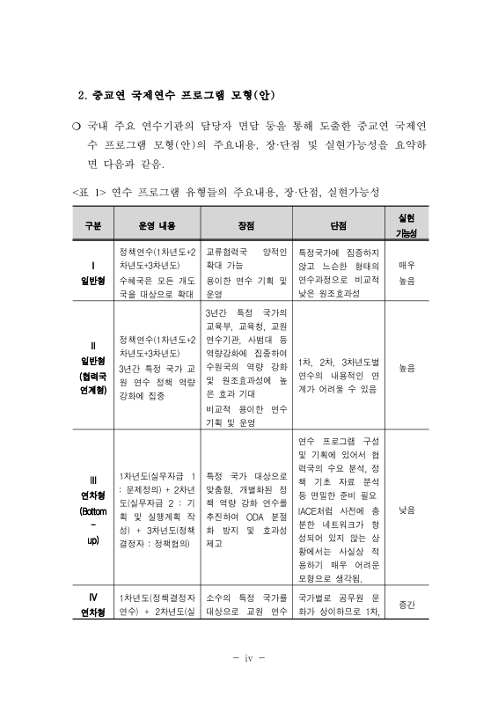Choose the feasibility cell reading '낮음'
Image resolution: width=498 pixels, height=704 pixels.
406,510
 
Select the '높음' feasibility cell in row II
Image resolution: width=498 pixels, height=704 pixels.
406,367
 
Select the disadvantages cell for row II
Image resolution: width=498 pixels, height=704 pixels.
338,368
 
